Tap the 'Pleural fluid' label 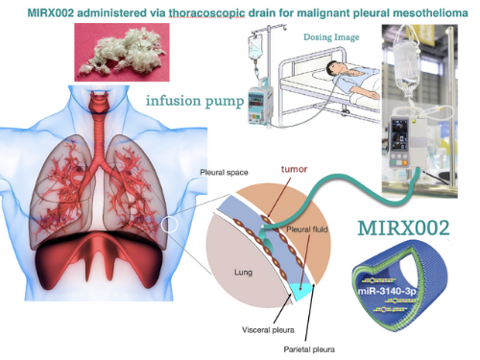tap(309, 231)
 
